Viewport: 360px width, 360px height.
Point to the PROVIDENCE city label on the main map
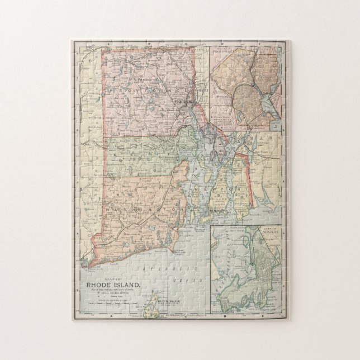[x=183, y=102]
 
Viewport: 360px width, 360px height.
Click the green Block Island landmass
[x=151, y=307]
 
